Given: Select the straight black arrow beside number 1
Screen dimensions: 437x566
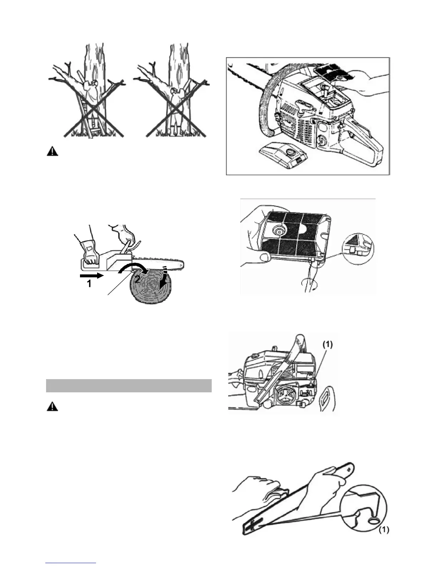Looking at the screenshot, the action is coord(91,275).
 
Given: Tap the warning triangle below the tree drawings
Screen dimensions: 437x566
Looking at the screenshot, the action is coord(52,152).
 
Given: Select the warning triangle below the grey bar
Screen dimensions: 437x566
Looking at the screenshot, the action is coord(52,407).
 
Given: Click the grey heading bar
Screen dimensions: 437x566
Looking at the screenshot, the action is coord(129,386).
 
